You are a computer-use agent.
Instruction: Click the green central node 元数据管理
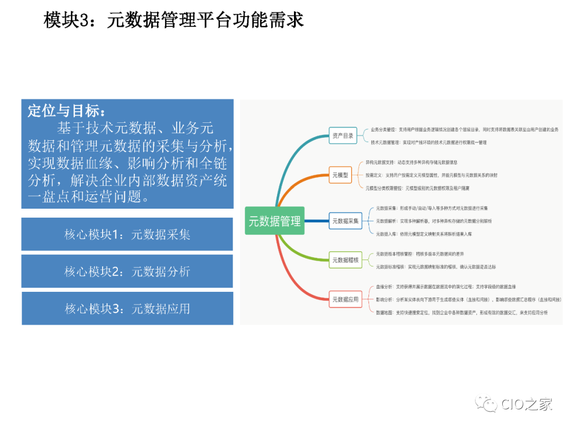[275, 221]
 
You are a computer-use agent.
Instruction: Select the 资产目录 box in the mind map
[343, 136]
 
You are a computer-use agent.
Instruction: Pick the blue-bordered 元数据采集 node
[345, 221]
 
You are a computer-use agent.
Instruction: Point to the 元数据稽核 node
[345, 260]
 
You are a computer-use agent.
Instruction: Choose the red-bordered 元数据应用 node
[345, 300]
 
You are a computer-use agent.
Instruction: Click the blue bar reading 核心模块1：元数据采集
[127, 235]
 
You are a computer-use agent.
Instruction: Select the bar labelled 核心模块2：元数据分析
[127, 272]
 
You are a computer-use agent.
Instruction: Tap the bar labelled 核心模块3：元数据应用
[127, 308]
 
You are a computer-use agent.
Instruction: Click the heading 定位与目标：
[67, 112]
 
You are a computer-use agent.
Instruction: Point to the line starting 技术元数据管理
[428, 142]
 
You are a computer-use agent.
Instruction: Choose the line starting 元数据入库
[428, 234]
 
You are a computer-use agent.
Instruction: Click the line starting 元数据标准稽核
[436, 267]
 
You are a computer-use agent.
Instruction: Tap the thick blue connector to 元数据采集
[317, 221]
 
